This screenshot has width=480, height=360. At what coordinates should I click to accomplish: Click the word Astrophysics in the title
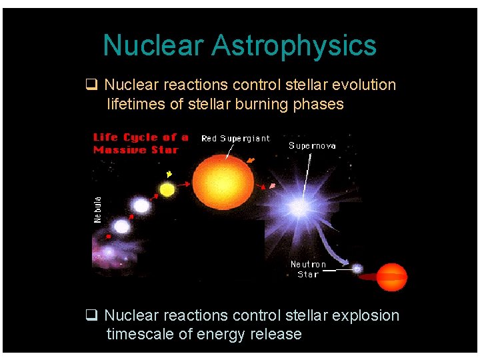[x=294, y=46]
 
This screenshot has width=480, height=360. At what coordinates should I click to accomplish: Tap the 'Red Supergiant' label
[x=235, y=139]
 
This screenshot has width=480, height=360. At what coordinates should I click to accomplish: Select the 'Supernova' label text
[x=312, y=145]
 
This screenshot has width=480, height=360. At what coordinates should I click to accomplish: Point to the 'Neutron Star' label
[x=308, y=269]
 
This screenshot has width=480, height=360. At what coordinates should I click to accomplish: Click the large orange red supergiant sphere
[x=223, y=177]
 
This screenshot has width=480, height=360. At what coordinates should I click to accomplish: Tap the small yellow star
[x=167, y=190]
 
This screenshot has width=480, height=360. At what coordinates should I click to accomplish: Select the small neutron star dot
[x=357, y=269]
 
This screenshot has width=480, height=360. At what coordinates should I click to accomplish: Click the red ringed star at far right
[x=391, y=277]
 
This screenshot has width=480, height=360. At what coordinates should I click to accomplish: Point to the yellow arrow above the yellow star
[x=169, y=175]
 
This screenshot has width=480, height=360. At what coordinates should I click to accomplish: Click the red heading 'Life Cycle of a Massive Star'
[x=141, y=143]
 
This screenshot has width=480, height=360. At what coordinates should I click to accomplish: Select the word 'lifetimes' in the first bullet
[x=136, y=104]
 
